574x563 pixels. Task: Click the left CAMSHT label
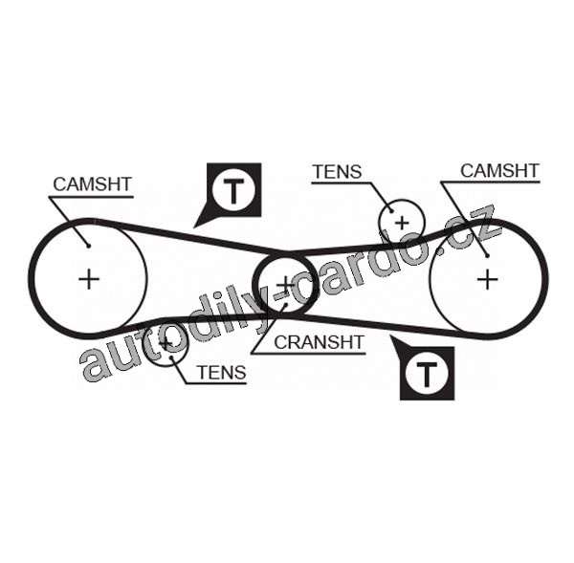[92, 184]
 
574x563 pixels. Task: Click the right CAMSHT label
[499, 171]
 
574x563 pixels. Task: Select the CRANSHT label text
[319, 341]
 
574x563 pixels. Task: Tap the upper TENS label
[337, 172]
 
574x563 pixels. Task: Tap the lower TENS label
[221, 374]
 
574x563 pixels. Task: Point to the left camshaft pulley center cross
[88, 279]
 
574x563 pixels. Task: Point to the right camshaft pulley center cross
[488, 278]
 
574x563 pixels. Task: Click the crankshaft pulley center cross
[285, 285]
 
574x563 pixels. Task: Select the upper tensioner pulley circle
[402, 223]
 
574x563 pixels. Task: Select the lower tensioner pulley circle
[166, 343]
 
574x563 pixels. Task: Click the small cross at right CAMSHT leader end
[486, 254]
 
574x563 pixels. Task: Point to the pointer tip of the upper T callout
[195, 226]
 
